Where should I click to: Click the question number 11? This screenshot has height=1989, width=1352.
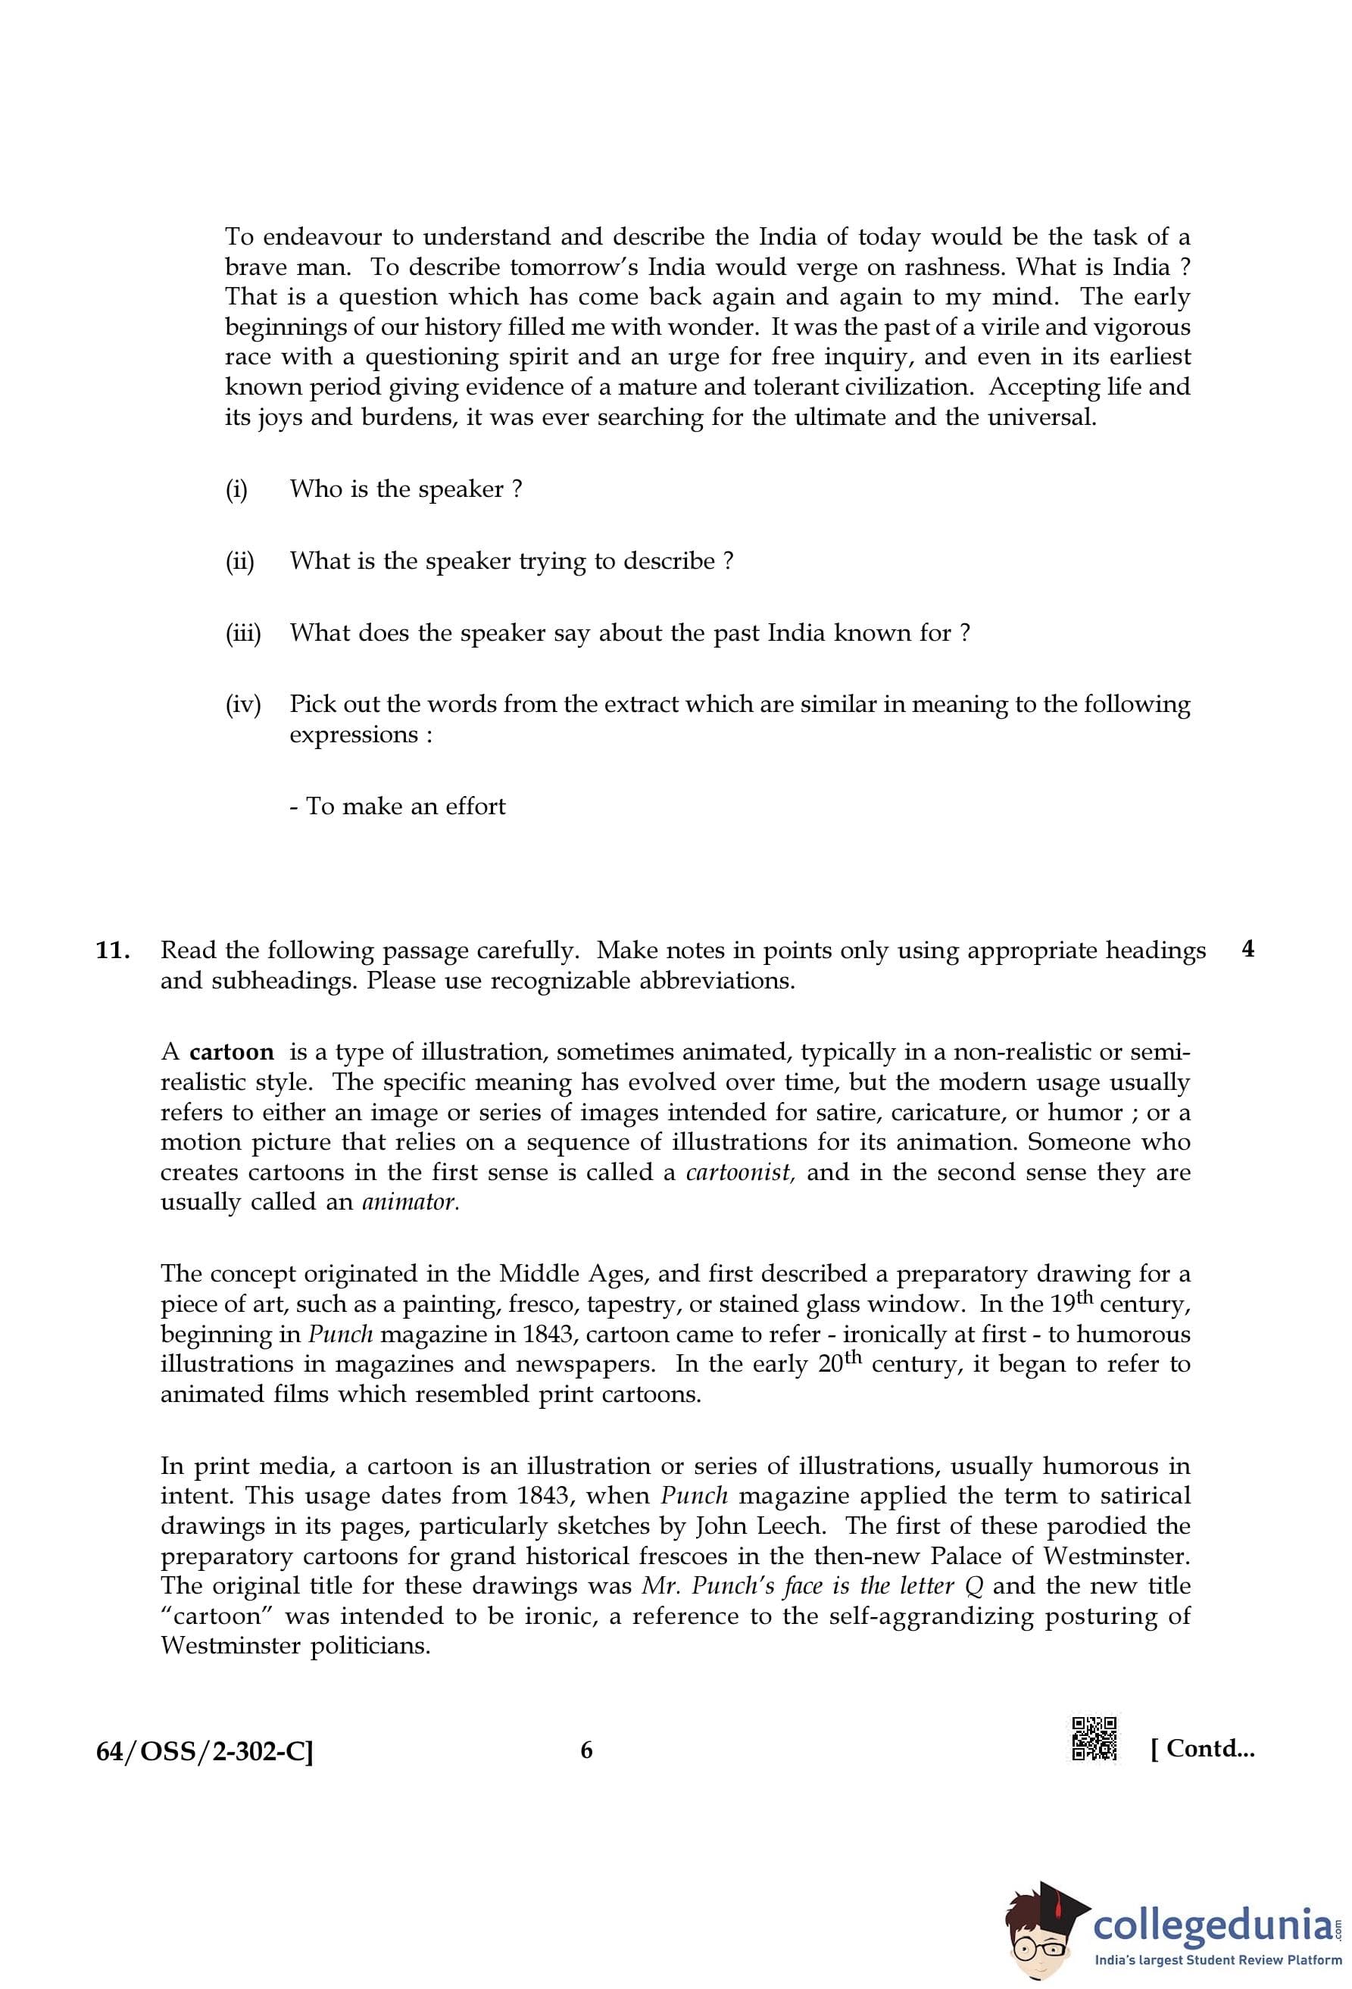coord(113,951)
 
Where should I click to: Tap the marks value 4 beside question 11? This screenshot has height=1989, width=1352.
coord(1247,949)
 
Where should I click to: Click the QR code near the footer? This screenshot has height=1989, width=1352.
coord(1094,1739)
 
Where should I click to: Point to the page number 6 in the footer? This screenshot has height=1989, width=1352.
coord(586,1750)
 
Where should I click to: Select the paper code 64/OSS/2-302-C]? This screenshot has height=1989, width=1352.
coord(205,1751)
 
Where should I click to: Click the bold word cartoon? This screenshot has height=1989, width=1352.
coord(231,1052)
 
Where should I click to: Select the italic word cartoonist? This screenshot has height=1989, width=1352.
coord(740,1172)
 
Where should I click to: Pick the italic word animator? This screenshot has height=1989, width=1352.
coord(410,1201)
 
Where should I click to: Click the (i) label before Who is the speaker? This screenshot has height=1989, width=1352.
coord(236,489)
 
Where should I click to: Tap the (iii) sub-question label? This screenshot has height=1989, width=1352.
coord(243,633)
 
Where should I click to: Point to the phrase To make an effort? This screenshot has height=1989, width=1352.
coord(406,806)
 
